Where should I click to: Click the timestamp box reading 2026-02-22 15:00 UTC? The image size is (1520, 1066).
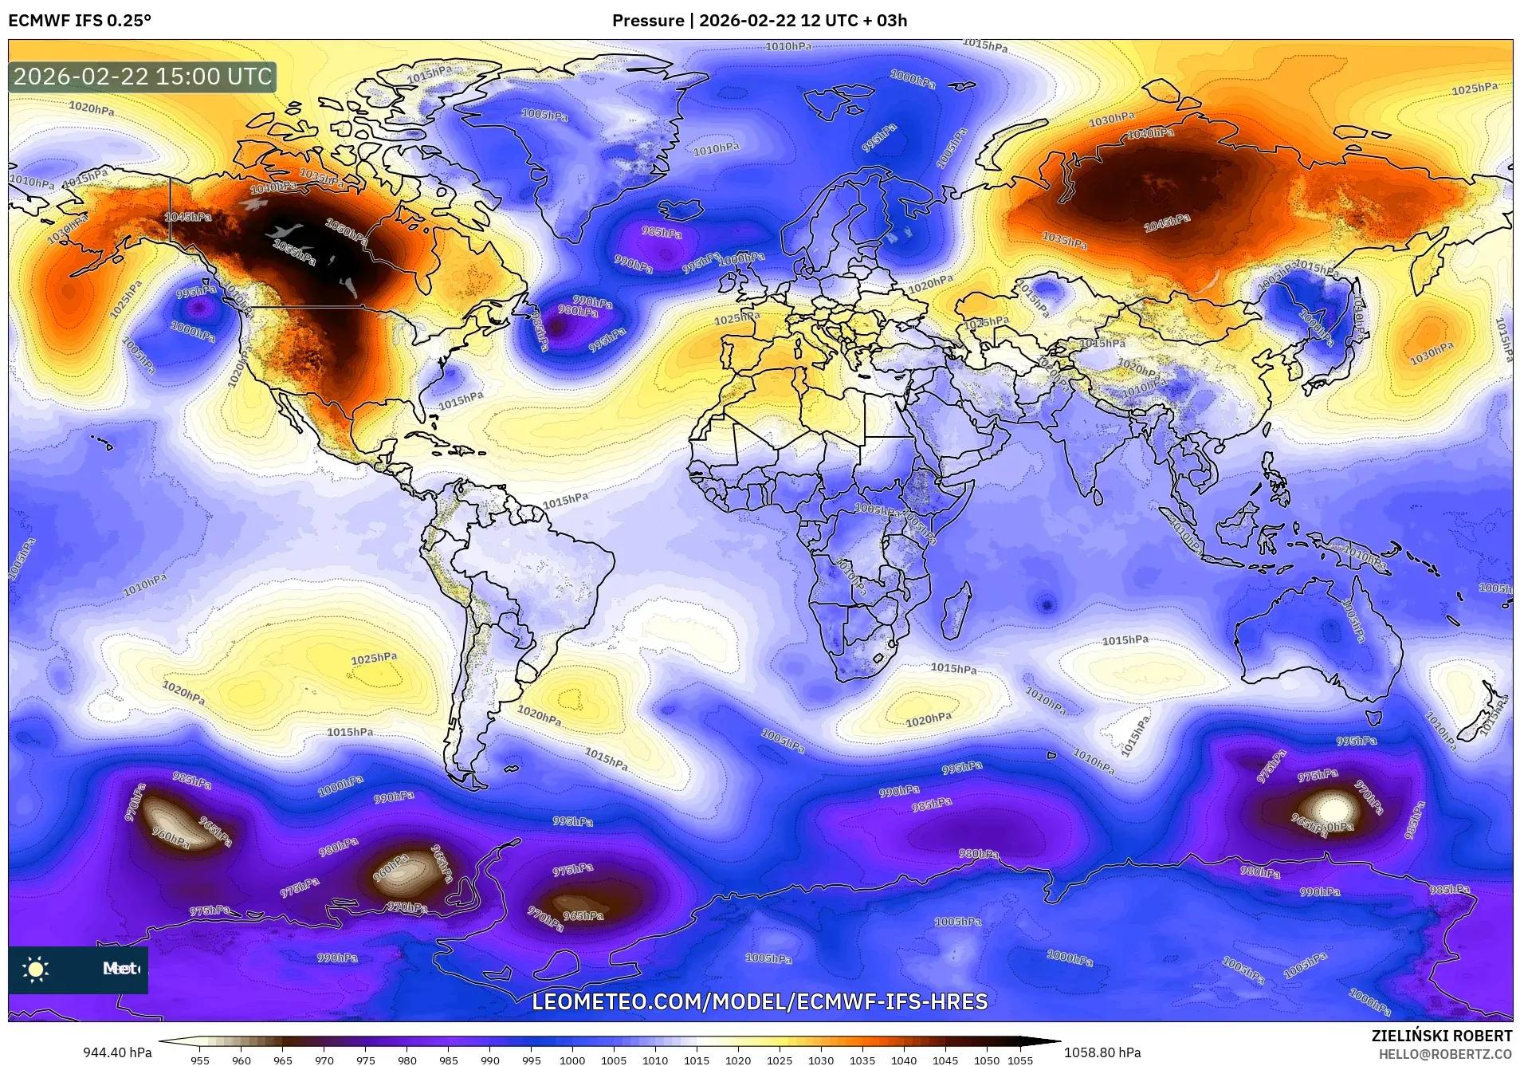point(143,77)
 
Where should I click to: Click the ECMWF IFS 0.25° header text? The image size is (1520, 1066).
point(80,21)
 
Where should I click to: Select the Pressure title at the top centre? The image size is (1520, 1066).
point(759,21)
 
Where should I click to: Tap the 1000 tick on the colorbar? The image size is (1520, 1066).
point(572,1060)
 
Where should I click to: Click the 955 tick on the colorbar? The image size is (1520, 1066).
point(200,1060)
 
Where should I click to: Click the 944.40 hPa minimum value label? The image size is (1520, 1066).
point(117,1052)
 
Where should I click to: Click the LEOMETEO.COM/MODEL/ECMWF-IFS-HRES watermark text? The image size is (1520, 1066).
point(760,1001)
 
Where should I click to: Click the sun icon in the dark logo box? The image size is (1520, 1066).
point(36,970)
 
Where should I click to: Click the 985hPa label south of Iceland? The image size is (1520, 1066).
point(662,233)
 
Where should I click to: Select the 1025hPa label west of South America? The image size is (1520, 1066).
point(374,659)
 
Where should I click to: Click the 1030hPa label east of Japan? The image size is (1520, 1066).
point(1432,352)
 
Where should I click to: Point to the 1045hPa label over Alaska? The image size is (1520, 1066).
point(188,217)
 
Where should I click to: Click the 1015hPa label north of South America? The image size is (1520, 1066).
point(565,501)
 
